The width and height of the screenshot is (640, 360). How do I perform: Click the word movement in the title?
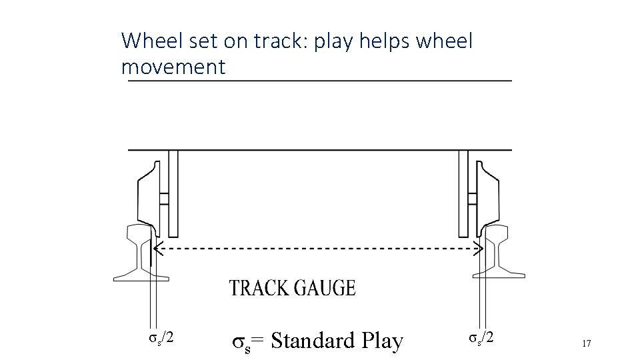(173, 67)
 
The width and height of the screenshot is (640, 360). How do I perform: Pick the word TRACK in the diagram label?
(258, 288)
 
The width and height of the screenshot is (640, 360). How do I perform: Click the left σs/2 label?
(161, 337)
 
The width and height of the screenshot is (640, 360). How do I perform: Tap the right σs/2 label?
(480, 337)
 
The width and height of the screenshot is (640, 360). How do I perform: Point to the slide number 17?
(587, 343)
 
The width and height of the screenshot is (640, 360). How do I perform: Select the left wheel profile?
(148, 193)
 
